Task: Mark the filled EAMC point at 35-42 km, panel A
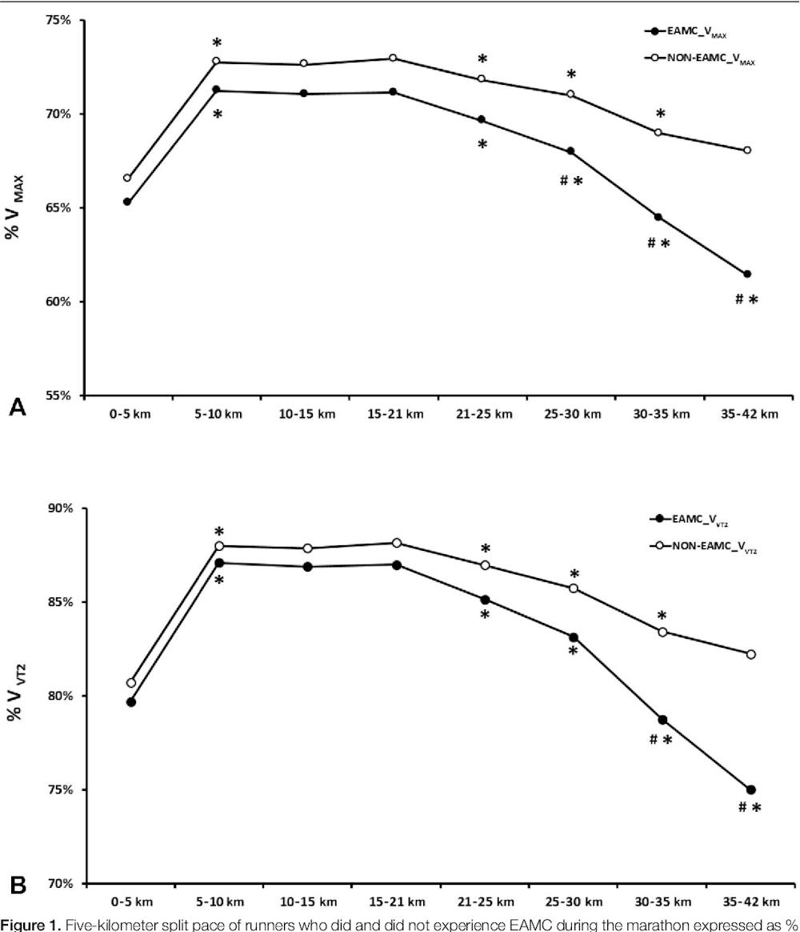point(747,274)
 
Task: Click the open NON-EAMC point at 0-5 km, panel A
point(127,178)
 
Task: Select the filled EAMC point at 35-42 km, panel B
point(750,789)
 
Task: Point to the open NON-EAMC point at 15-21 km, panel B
point(396,543)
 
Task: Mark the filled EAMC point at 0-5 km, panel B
point(131,702)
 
